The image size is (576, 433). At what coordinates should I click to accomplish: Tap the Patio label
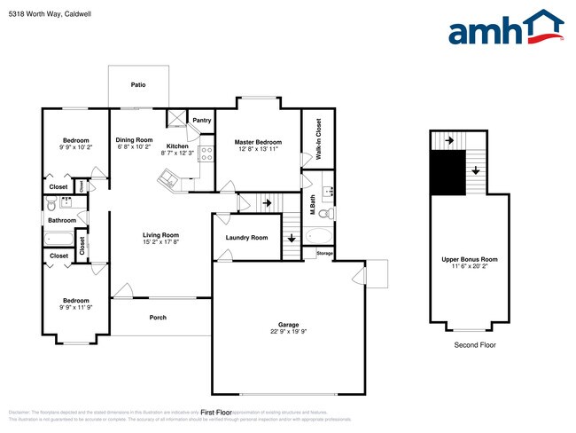pyautogui.click(x=138, y=85)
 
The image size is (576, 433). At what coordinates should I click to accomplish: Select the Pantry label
pyautogui.click(x=202, y=120)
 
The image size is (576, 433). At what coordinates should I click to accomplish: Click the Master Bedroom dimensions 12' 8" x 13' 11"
pyautogui.click(x=258, y=150)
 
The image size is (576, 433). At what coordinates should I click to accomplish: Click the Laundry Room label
pyautogui.click(x=246, y=238)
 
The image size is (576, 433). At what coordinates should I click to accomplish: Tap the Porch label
pyautogui.click(x=158, y=317)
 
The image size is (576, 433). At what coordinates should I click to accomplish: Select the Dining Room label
pyautogui.click(x=135, y=140)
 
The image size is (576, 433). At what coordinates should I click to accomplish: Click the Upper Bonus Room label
pyautogui.click(x=470, y=259)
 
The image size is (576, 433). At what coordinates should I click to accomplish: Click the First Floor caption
pyautogui.click(x=216, y=413)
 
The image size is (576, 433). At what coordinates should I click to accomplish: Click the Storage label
pyautogui.click(x=325, y=255)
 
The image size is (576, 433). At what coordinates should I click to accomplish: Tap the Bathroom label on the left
pyautogui.click(x=62, y=220)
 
